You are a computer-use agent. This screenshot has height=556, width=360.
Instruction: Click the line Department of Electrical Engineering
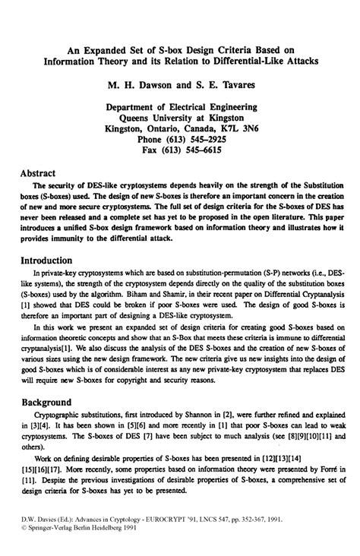click(180, 107)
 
